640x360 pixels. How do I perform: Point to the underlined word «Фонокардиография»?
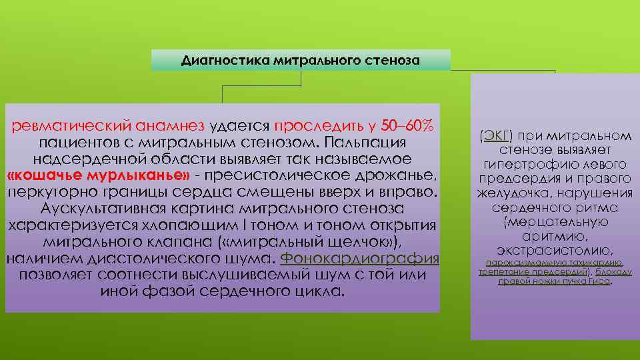360,259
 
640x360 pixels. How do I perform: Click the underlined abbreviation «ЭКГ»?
495,136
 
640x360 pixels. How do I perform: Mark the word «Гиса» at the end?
598,281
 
